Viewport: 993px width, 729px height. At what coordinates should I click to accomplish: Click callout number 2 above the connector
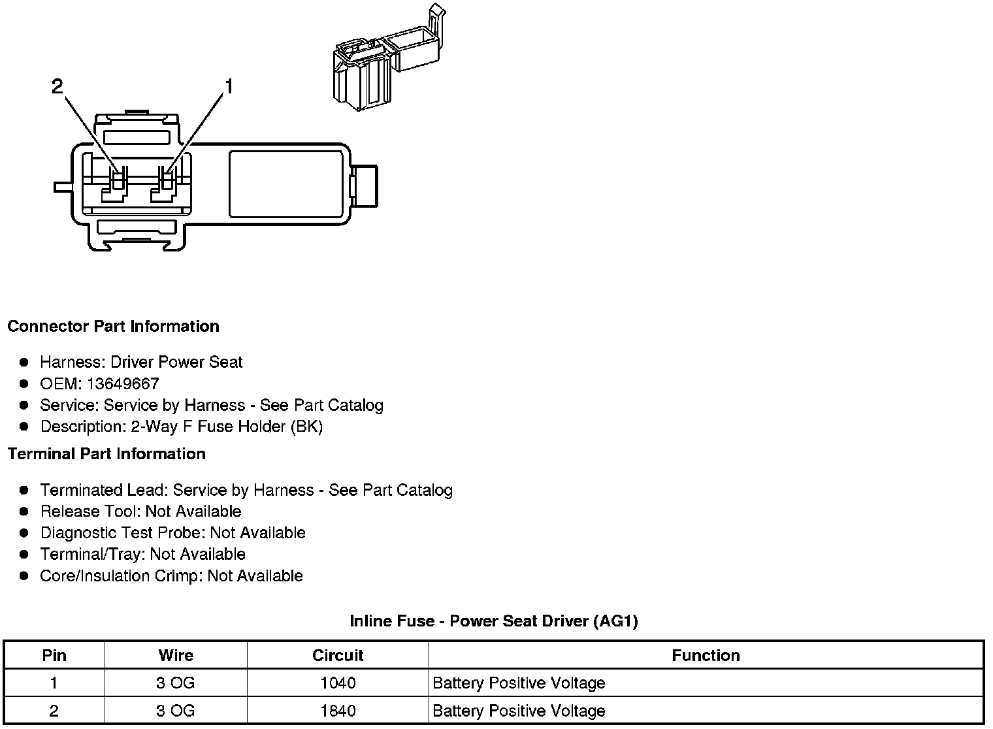[57, 86]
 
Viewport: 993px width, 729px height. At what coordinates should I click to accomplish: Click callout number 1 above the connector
[228, 86]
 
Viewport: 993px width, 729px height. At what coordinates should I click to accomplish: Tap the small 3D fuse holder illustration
[385, 59]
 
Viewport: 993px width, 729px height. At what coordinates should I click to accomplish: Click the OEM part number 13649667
[123, 383]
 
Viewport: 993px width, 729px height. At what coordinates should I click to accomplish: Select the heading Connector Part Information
[113, 326]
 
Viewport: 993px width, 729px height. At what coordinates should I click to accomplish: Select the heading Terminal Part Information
[106, 453]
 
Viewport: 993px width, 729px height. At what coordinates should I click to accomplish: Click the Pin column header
[54, 655]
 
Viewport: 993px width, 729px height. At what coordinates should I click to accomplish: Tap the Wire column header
[176, 655]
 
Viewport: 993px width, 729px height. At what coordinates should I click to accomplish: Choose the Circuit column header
[338, 655]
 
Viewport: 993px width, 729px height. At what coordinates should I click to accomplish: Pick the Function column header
[706, 655]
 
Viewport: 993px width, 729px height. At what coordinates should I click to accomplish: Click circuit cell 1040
[338, 683]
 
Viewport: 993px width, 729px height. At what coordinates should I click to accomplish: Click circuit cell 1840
[338, 711]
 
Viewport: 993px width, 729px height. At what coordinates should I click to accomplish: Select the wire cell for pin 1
[176, 683]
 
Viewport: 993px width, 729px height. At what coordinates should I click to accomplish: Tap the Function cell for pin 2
[519, 711]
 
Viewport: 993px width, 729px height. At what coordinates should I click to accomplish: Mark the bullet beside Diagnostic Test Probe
[24, 533]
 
